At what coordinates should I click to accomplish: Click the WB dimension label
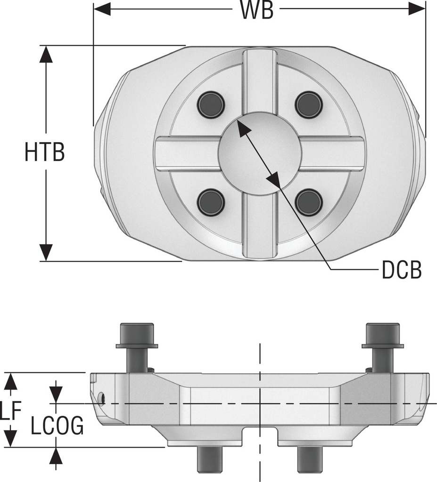(x=257, y=10)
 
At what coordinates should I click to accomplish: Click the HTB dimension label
(x=44, y=153)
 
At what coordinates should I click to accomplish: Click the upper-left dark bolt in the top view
(x=211, y=104)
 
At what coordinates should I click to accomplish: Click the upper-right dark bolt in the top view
(x=309, y=104)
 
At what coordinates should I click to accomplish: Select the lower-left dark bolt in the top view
(x=211, y=202)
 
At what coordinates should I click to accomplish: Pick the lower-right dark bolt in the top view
(x=309, y=202)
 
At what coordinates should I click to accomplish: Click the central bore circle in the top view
(x=260, y=153)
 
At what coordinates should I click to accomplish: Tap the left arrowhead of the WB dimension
(x=101, y=8)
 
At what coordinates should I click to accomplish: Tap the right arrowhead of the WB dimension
(x=417, y=8)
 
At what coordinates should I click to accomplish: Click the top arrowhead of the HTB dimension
(x=46, y=54)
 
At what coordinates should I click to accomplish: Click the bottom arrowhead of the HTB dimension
(x=46, y=252)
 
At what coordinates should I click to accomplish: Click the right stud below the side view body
(x=310, y=459)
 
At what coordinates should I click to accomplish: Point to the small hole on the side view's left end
(x=102, y=400)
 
